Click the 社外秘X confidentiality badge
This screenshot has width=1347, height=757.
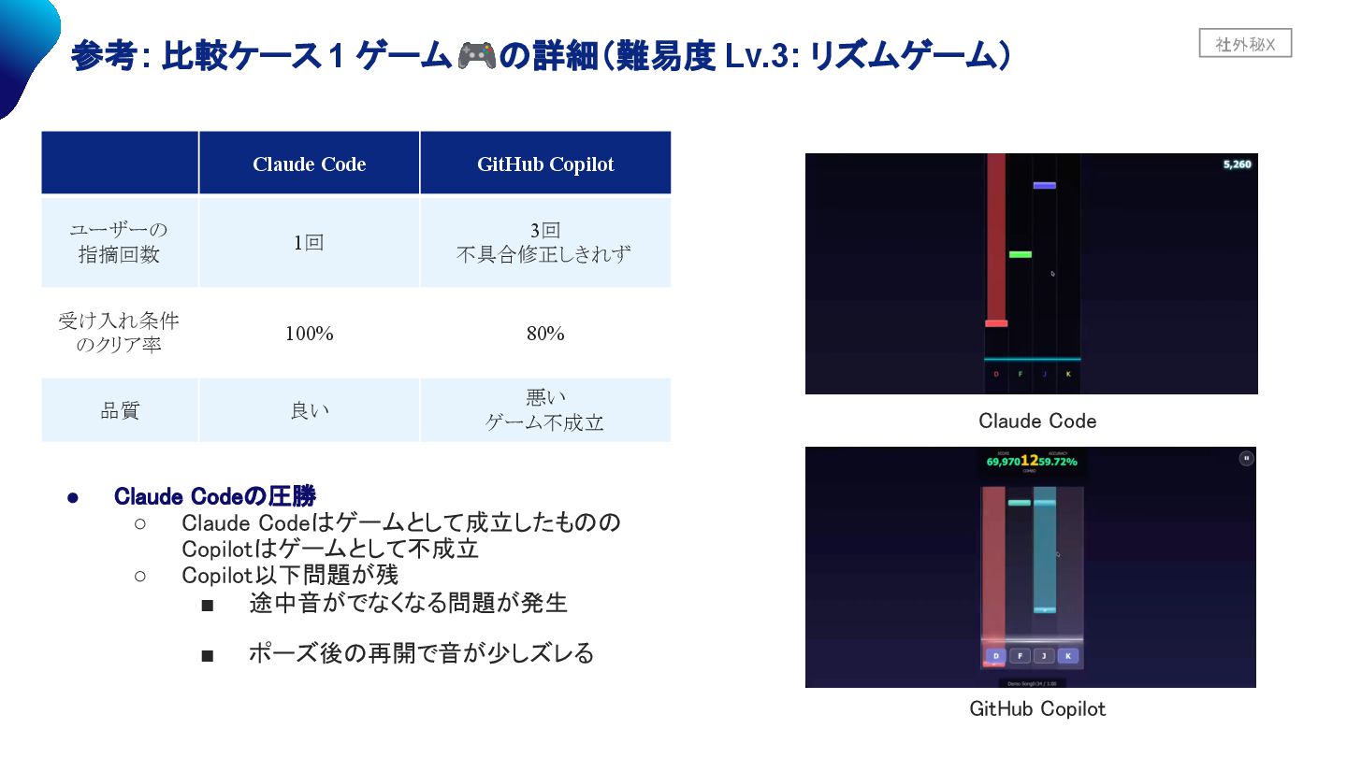tap(1245, 44)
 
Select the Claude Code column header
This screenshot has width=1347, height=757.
tap(309, 164)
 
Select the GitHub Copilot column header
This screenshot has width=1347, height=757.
tap(545, 164)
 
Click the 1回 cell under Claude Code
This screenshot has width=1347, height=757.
tap(309, 242)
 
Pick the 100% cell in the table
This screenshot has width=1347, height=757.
tap(309, 334)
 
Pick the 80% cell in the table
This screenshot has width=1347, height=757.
tap(545, 334)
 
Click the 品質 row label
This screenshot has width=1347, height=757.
tap(120, 410)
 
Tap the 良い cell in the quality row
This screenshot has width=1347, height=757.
tap(309, 410)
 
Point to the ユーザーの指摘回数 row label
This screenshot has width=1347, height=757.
tap(120, 242)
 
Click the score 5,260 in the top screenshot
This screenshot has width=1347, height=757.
tap(1237, 164)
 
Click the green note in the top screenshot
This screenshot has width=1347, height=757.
tap(1020, 254)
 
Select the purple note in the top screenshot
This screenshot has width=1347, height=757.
tap(1044, 185)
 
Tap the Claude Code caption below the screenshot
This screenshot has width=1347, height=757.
tap(1036, 421)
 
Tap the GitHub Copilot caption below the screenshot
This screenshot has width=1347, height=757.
tap(1036, 709)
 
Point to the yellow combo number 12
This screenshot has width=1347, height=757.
tap(1029, 460)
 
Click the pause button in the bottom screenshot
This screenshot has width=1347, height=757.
tap(1246, 458)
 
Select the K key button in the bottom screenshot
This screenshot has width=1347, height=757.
tap(1067, 656)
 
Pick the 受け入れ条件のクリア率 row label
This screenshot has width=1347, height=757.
tap(120, 334)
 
